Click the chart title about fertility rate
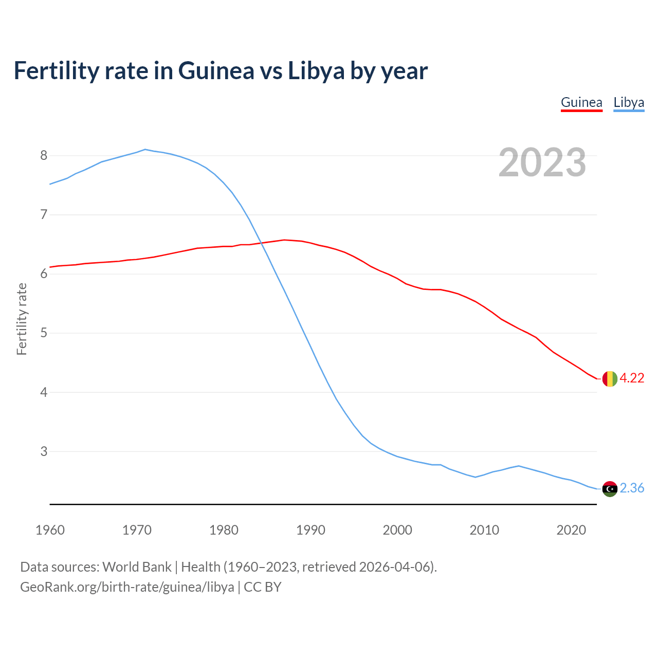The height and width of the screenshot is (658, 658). (221, 70)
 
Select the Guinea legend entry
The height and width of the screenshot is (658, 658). (581, 102)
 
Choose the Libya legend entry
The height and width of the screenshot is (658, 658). (629, 102)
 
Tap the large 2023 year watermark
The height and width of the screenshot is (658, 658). (542, 162)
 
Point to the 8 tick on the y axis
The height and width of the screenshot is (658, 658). (44, 155)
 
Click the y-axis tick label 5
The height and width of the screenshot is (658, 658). (44, 333)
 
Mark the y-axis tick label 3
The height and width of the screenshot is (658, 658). (44, 451)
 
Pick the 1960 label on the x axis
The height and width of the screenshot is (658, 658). (50, 530)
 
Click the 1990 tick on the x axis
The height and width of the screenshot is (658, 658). (310, 530)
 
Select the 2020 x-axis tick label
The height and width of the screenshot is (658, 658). (571, 530)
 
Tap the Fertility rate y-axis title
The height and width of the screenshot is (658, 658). (22, 319)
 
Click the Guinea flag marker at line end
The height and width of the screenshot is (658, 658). (610, 378)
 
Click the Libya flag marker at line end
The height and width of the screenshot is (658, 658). (610, 489)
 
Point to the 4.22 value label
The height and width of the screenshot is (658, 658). (632, 378)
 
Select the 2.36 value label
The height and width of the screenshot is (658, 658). (632, 488)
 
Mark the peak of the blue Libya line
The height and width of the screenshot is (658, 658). (145, 150)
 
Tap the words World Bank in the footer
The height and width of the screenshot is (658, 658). (137, 567)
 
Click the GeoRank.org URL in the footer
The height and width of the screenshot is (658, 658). (127, 587)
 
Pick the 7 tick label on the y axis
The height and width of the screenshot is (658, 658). (44, 214)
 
